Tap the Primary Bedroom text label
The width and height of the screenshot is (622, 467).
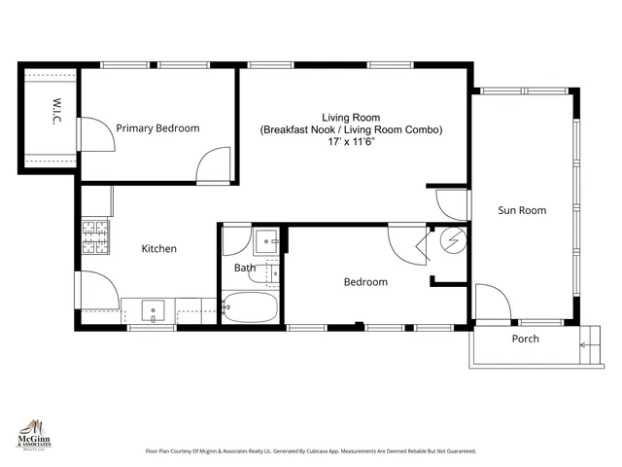[157, 128]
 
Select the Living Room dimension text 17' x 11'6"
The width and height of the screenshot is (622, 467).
[351, 142]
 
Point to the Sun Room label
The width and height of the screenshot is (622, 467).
[522, 210]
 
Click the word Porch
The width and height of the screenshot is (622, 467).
[525, 339]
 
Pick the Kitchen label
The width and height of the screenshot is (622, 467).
[159, 249]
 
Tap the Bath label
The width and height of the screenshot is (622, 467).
[245, 268]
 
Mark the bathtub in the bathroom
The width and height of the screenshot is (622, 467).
[250, 308]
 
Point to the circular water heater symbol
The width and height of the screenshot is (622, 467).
[453, 240]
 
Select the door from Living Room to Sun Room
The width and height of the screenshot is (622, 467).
[451, 203]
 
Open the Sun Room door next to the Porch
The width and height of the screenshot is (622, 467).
[491, 303]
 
